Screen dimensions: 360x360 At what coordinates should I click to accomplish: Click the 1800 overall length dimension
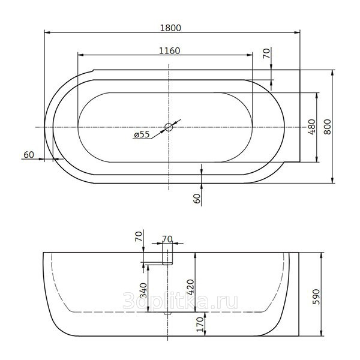pos(170,28)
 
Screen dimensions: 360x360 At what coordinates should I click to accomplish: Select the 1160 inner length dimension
pos(170,51)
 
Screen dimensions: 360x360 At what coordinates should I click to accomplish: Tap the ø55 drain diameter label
pos(142,134)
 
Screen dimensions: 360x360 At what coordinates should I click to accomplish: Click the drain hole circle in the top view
pos(169,127)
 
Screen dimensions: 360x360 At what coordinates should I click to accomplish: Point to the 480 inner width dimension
pos(312,127)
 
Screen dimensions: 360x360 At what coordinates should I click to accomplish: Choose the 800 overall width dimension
pos(328,127)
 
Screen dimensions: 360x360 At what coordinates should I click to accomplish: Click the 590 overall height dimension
pos(316,297)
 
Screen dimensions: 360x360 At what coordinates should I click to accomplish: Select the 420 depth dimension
pos(191,287)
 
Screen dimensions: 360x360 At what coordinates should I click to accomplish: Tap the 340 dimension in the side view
pos(143,290)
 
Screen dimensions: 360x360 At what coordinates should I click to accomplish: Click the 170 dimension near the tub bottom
pos(200,325)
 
